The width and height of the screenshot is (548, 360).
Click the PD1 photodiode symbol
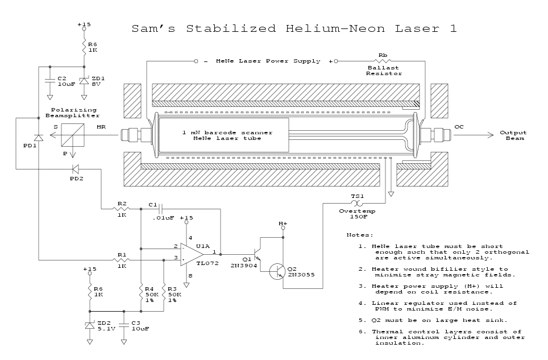(x=38, y=137)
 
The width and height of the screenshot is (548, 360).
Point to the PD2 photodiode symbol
(x=74, y=168)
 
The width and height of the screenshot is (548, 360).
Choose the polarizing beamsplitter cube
(x=73, y=136)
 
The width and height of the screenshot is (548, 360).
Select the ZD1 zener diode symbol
(x=84, y=81)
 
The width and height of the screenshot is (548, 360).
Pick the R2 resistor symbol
(x=122, y=209)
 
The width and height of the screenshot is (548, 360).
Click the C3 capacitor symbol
(x=124, y=325)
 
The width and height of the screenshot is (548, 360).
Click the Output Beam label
(x=512, y=135)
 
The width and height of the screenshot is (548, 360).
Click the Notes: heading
(x=360, y=235)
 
